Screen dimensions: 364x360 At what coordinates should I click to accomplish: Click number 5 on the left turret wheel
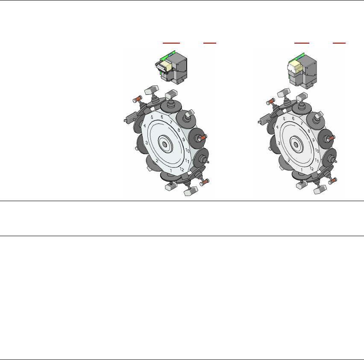(152, 117)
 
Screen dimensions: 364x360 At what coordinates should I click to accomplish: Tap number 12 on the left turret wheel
(182, 169)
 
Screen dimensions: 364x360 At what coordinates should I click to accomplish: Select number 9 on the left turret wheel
(184, 140)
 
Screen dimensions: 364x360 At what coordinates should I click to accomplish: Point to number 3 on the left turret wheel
(147, 143)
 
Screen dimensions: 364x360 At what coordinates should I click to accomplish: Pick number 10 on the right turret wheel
(317, 151)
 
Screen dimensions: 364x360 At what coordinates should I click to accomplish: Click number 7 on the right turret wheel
(302, 123)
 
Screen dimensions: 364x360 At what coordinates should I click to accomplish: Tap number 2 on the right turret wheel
(289, 161)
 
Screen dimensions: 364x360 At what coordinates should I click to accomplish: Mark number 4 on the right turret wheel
(277, 127)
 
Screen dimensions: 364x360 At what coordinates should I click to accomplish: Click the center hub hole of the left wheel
(164, 145)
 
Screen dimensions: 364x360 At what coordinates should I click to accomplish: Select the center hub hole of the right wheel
(296, 145)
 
